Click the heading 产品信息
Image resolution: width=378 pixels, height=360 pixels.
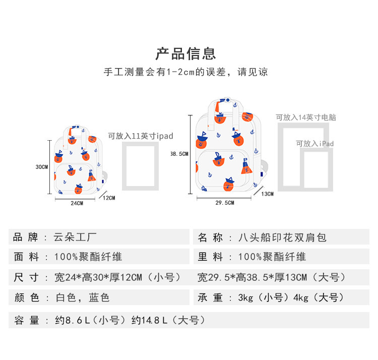pyautogui.click(x=185, y=53)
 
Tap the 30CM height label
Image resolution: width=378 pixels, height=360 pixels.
pyautogui.click(x=42, y=166)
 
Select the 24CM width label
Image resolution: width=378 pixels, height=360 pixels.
pyautogui.click(x=77, y=204)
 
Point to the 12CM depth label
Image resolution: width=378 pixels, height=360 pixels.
pyautogui.click(x=109, y=198)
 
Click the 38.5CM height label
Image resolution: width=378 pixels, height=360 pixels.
pyautogui.click(x=179, y=154)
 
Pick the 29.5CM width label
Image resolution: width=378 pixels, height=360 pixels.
pyautogui.click(x=225, y=203)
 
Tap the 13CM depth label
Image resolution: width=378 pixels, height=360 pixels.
pyautogui.click(x=267, y=194)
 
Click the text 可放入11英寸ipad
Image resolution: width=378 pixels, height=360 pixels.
pyautogui.click(x=141, y=136)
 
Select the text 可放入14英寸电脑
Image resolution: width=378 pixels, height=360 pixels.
pyautogui.click(x=306, y=117)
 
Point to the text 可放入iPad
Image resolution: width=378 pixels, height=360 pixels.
pyautogui.click(x=315, y=144)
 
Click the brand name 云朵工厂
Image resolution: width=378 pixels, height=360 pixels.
pyautogui.click(x=75, y=237)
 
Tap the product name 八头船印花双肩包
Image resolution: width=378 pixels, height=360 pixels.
pyautogui.click(x=282, y=237)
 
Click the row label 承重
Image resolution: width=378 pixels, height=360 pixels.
pyautogui.click(x=210, y=297)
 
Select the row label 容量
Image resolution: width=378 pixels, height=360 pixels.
pyautogui.click(x=26, y=320)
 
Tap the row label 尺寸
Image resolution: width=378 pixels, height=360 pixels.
pyautogui.click(x=26, y=277)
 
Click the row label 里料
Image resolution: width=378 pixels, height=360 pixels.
pyautogui.click(x=210, y=257)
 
